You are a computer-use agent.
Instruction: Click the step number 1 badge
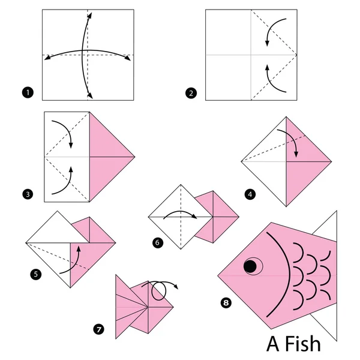point(26,92)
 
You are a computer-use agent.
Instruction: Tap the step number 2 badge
point(191,92)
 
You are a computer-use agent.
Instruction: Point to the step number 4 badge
point(250,194)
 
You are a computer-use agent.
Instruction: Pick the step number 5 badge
point(35,274)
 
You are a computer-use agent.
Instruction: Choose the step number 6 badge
point(157,242)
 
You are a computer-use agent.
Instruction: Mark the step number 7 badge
point(99,328)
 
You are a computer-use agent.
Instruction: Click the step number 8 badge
point(226,302)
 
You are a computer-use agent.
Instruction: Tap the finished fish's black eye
point(249,265)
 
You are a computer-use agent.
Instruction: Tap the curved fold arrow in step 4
point(292,142)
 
